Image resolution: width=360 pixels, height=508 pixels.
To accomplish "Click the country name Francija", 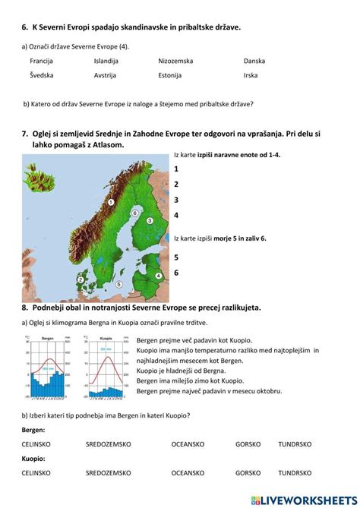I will pyautogui.click(x=43, y=60).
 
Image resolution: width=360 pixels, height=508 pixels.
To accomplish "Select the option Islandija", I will pyautogui.click(x=106, y=60).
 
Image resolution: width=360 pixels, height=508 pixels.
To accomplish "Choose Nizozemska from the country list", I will pyautogui.click(x=175, y=60).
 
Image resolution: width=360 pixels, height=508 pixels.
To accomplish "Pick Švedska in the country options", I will pyautogui.click(x=42, y=75).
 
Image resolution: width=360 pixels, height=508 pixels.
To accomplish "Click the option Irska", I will pyautogui.click(x=251, y=75).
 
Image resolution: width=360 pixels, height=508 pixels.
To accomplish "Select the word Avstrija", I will pyautogui.click(x=106, y=75).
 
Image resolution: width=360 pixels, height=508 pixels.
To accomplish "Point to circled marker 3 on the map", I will pyautogui.click(x=150, y=220).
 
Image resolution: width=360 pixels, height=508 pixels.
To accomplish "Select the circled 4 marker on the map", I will pyautogui.click(x=159, y=276).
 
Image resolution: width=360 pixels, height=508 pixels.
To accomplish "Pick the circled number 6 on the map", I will pyautogui.click(x=134, y=214).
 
